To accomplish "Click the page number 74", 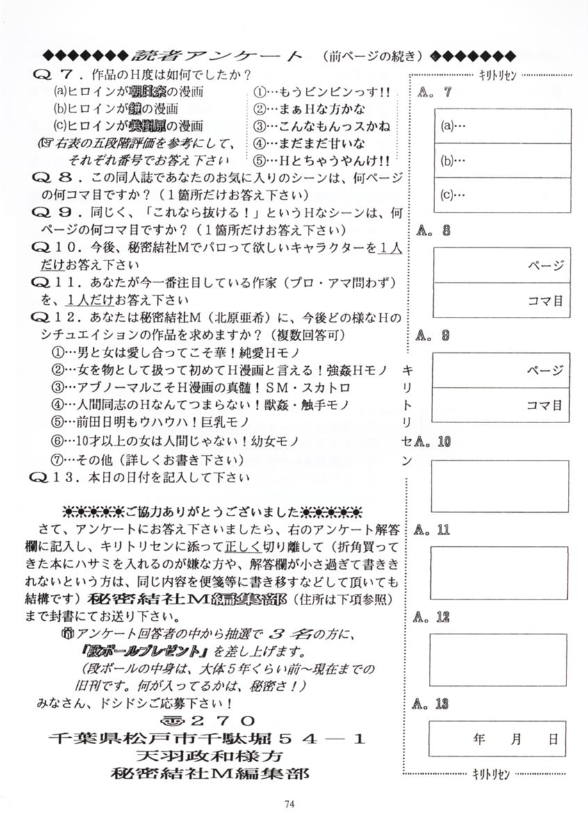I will tap(290, 804).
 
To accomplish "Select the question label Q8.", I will tap(58, 178).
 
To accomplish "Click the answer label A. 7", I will tap(434, 92).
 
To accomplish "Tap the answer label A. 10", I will tap(434, 441).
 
